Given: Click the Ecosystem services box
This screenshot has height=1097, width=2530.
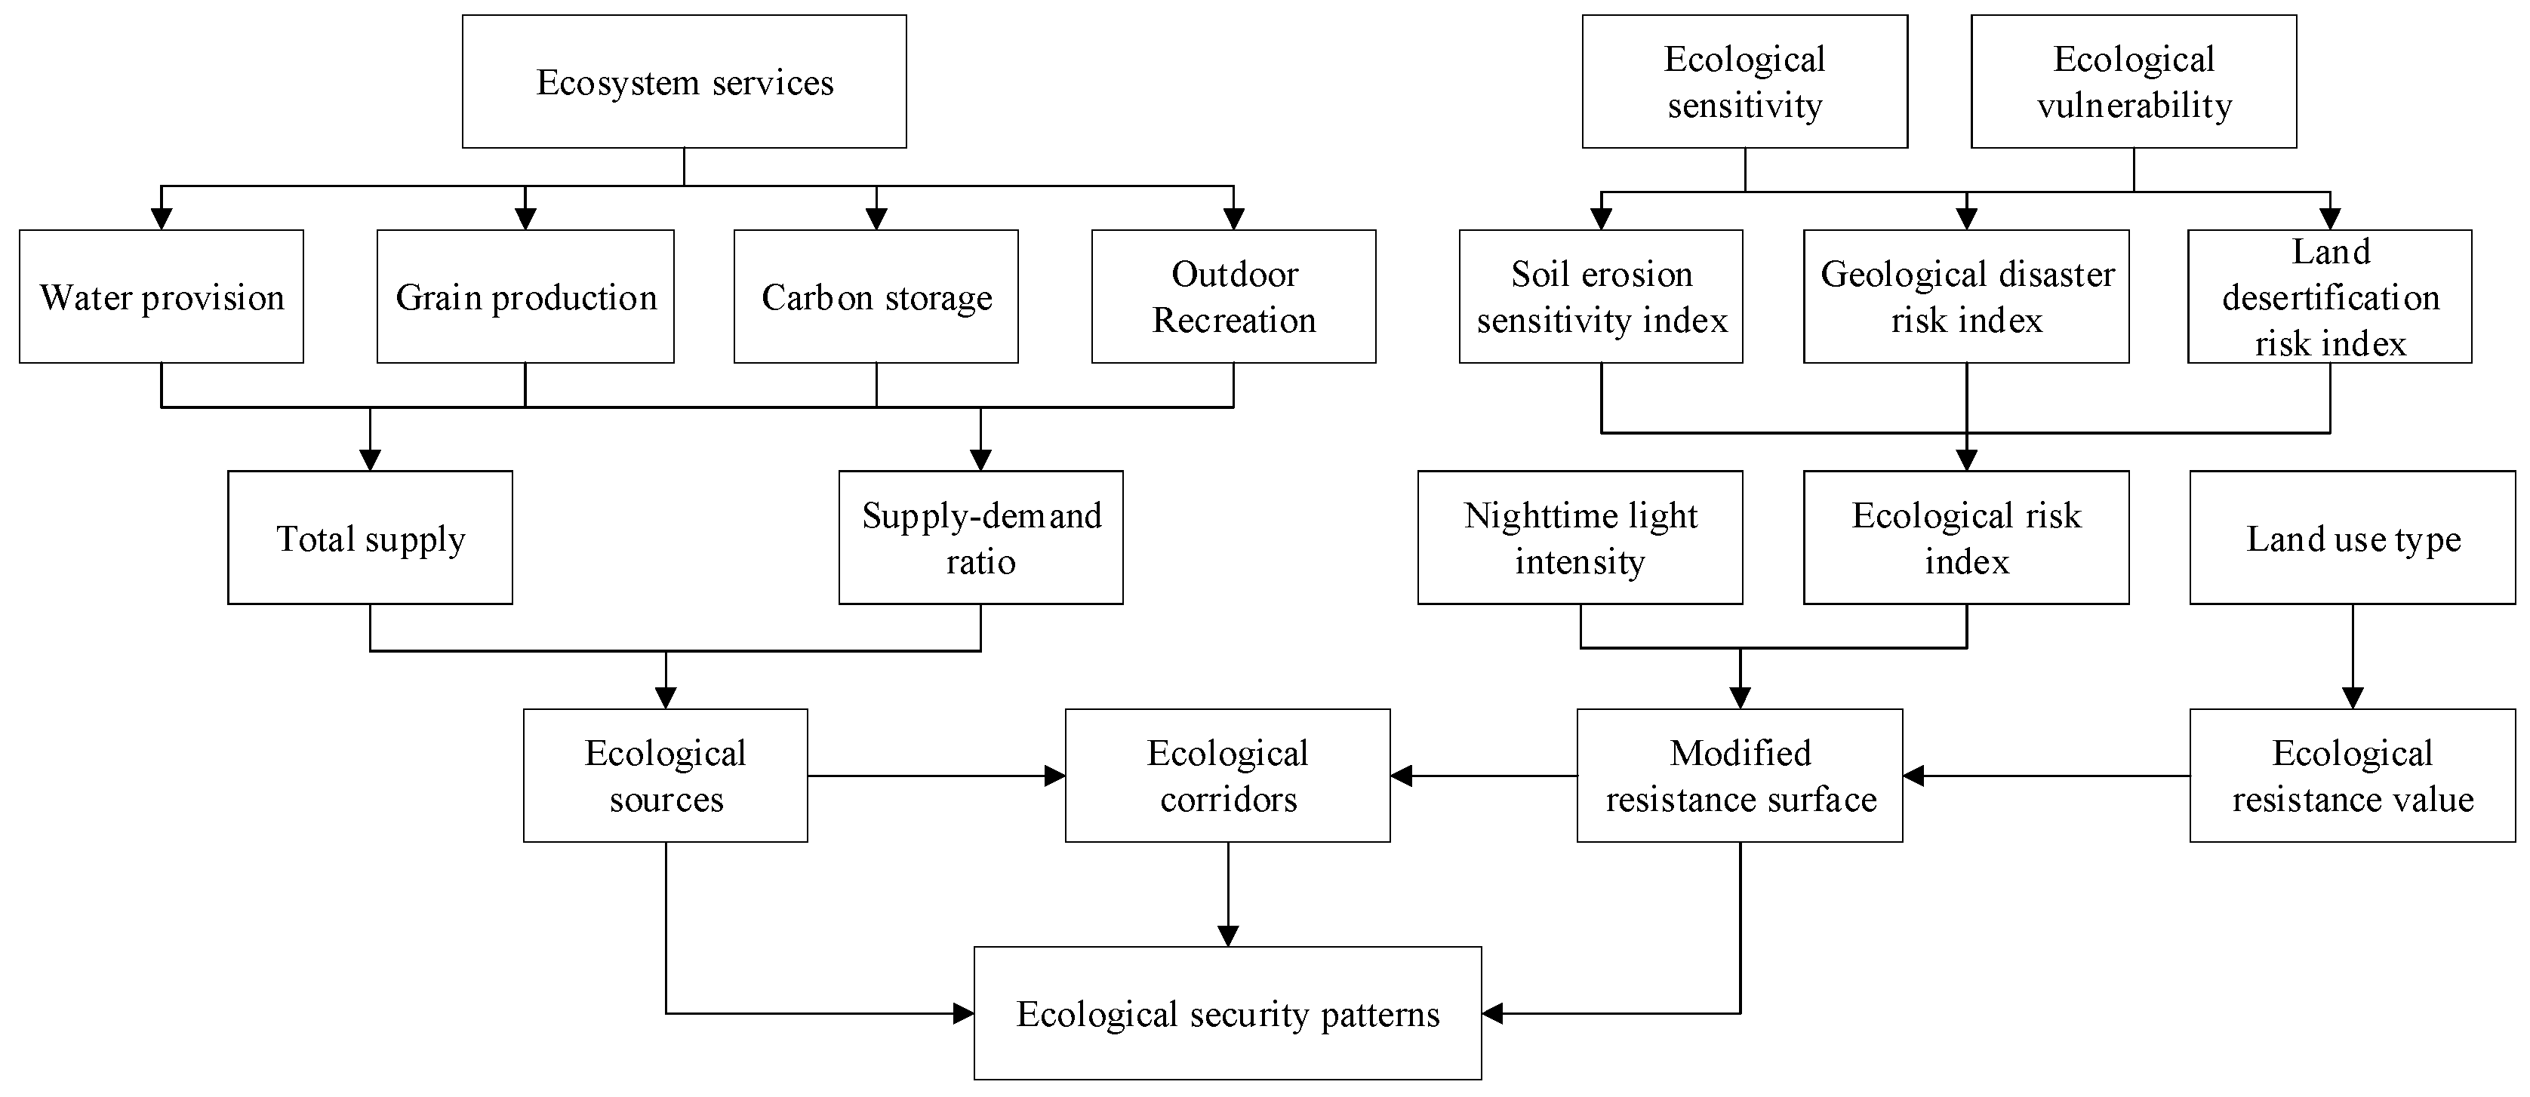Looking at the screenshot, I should tap(684, 81).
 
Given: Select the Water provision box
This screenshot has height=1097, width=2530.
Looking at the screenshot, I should tap(161, 297).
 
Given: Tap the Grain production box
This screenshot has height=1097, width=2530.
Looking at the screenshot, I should tap(525, 297).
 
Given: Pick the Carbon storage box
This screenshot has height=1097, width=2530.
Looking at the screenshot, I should tap(876, 297).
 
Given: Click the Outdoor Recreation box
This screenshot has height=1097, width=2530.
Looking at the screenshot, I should tap(1233, 297).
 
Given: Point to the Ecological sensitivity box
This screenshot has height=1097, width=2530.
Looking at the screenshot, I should tap(1744, 81).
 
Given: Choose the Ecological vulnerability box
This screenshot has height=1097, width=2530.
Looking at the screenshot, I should tap(2133, 81).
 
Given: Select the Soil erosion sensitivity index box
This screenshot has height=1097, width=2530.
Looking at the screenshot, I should tap(1601, 297).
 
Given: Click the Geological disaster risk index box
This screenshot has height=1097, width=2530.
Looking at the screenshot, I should tap(1966, 297).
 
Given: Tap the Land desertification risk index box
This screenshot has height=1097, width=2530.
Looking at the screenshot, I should tap(2330, 297).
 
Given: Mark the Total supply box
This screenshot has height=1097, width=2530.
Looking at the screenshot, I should tap(371, 537).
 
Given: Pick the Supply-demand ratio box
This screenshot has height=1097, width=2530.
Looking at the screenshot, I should tap(980, 537).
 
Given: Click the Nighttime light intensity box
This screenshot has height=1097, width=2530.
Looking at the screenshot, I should tap(1580, 537).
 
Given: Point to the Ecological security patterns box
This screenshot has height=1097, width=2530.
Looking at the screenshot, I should tap(1228, 1013).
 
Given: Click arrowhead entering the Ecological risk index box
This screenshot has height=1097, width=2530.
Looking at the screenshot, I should tap(1966, 459).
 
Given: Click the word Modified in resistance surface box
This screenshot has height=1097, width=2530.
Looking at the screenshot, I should tap(1741, 753).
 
